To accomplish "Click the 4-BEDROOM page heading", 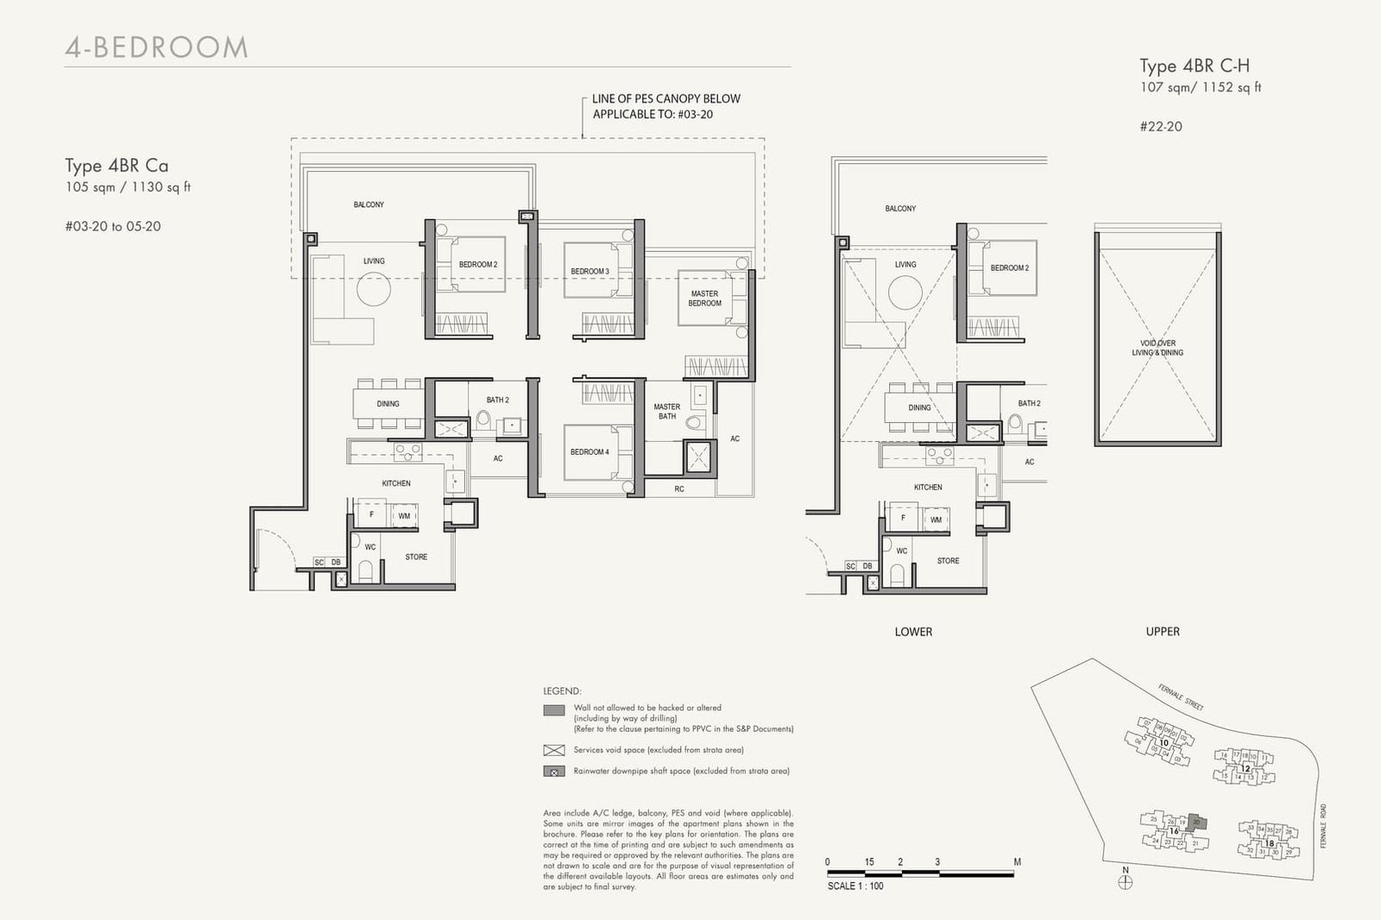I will [x=156, y=47].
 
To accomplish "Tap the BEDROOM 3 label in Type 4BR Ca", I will [x=590, y=271].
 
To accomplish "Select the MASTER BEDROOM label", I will [x=704, y=299].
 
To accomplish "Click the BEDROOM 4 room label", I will [x=590, y=451].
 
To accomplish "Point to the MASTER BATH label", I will [x=666, y=412].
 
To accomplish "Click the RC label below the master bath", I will [x=679, y=488].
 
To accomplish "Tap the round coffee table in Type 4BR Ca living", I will [x=374, y=289].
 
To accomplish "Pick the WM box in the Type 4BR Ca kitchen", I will [x=403, y=516].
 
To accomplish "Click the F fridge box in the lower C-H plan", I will [x=903, y=519].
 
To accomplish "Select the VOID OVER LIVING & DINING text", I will [x=1157, y=348].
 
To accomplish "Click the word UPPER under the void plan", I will [x=1163, y=632].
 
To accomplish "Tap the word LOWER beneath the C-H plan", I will [x=913, y=632].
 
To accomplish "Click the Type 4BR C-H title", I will [x=1194, y=66].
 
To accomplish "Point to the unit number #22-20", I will [x=1160, y=126].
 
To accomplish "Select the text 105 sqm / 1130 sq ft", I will [x=128, y=187].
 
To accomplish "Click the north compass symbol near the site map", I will [x=1125, y=882].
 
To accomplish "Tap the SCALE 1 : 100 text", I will [x=854, y=886].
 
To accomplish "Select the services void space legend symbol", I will [x=553, y=750].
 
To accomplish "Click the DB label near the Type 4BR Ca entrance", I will [x=336, y=563].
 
